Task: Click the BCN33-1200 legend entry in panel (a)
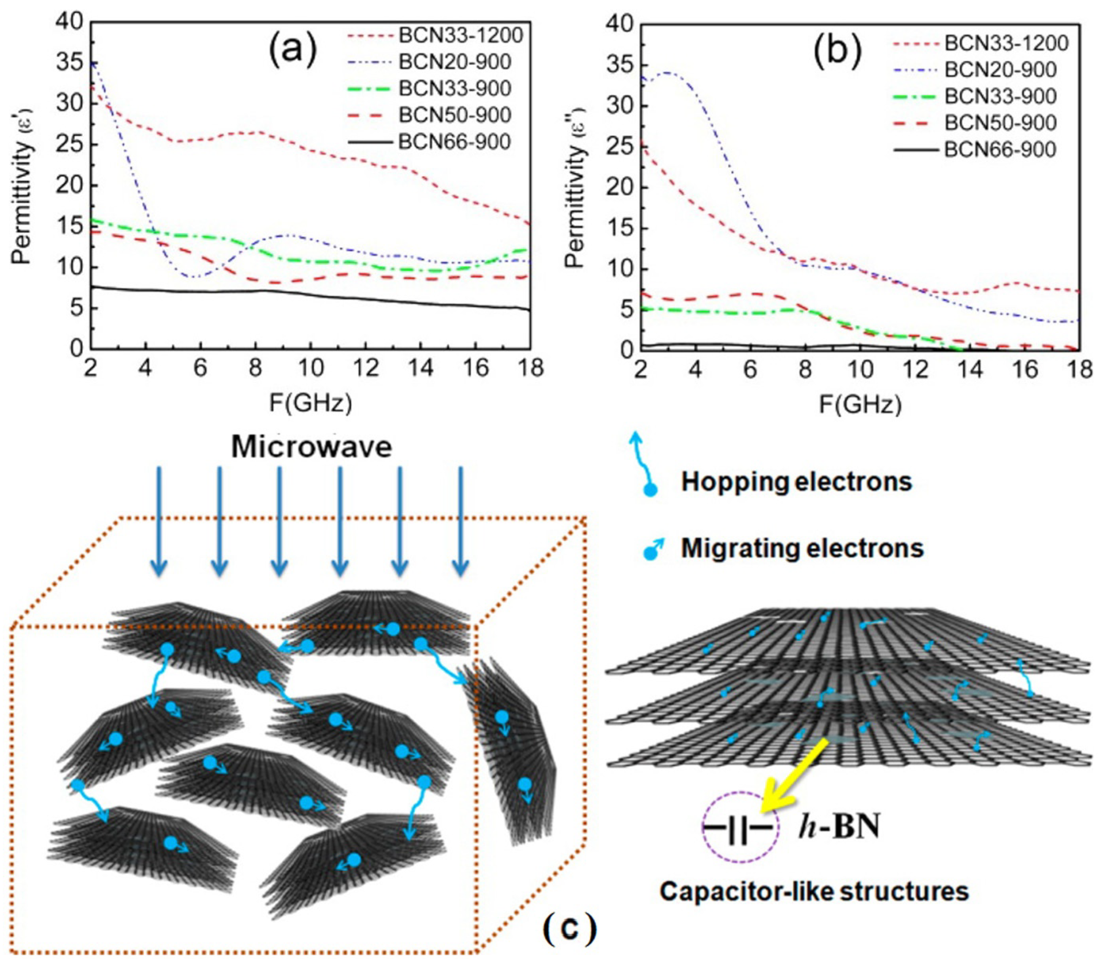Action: click(460, 36)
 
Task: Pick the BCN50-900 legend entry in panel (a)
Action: click(454, 115)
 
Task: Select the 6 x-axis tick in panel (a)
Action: click(200, 368)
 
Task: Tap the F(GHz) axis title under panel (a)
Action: click(310, 403)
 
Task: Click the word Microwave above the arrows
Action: click(311, 448)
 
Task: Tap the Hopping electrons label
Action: click(796, 482)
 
